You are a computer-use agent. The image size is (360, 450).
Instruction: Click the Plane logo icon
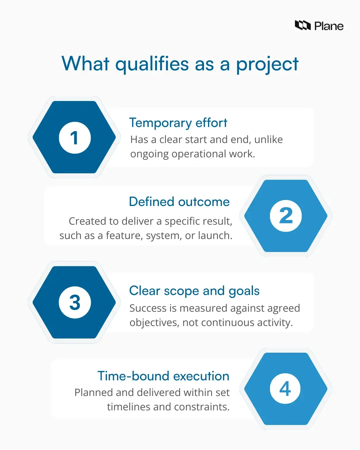[x=303, y=25]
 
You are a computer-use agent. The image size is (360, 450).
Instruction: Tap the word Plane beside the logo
[x=329, y=26]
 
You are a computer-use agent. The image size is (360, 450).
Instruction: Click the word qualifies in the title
[x=152, y=64]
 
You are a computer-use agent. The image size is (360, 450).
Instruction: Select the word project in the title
[x=267, y=64]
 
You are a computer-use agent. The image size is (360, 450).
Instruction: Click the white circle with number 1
[x=75, y=138]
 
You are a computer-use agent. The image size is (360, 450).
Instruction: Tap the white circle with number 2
[x=286, y=216]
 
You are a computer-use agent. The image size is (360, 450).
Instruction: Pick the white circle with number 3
[x=75, y=302]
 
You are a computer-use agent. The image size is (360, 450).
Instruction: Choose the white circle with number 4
[x=285, y=389]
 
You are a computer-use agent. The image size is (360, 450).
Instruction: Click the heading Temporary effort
[x=178, y=123]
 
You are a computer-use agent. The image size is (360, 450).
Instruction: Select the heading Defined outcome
[x=179, y=202]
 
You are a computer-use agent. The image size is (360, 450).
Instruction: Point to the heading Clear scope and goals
[x=194, y=291]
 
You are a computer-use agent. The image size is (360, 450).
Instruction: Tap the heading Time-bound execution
[x=163, y=376]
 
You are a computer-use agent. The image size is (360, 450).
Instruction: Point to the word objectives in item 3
[x=154, y=323]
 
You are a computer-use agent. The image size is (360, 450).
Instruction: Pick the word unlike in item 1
[x=268, y=139]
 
